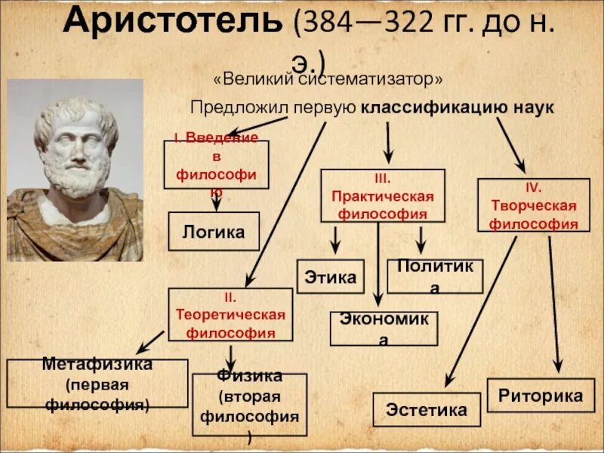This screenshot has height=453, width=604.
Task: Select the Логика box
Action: point(214,232)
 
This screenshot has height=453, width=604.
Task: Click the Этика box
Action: point(331,277)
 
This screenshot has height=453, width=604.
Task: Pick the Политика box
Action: point(434,276)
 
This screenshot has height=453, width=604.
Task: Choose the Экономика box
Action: point(384,328)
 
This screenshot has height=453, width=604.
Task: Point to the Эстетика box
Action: point(427,410)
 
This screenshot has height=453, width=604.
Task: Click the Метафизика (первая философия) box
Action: point(97,384)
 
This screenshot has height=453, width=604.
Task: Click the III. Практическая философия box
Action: point(383,196)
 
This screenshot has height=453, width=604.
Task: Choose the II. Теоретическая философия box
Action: point(230,313)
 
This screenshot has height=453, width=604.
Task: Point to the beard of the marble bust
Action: point(76,189)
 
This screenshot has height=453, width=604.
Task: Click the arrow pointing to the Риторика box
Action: point(554,302)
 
